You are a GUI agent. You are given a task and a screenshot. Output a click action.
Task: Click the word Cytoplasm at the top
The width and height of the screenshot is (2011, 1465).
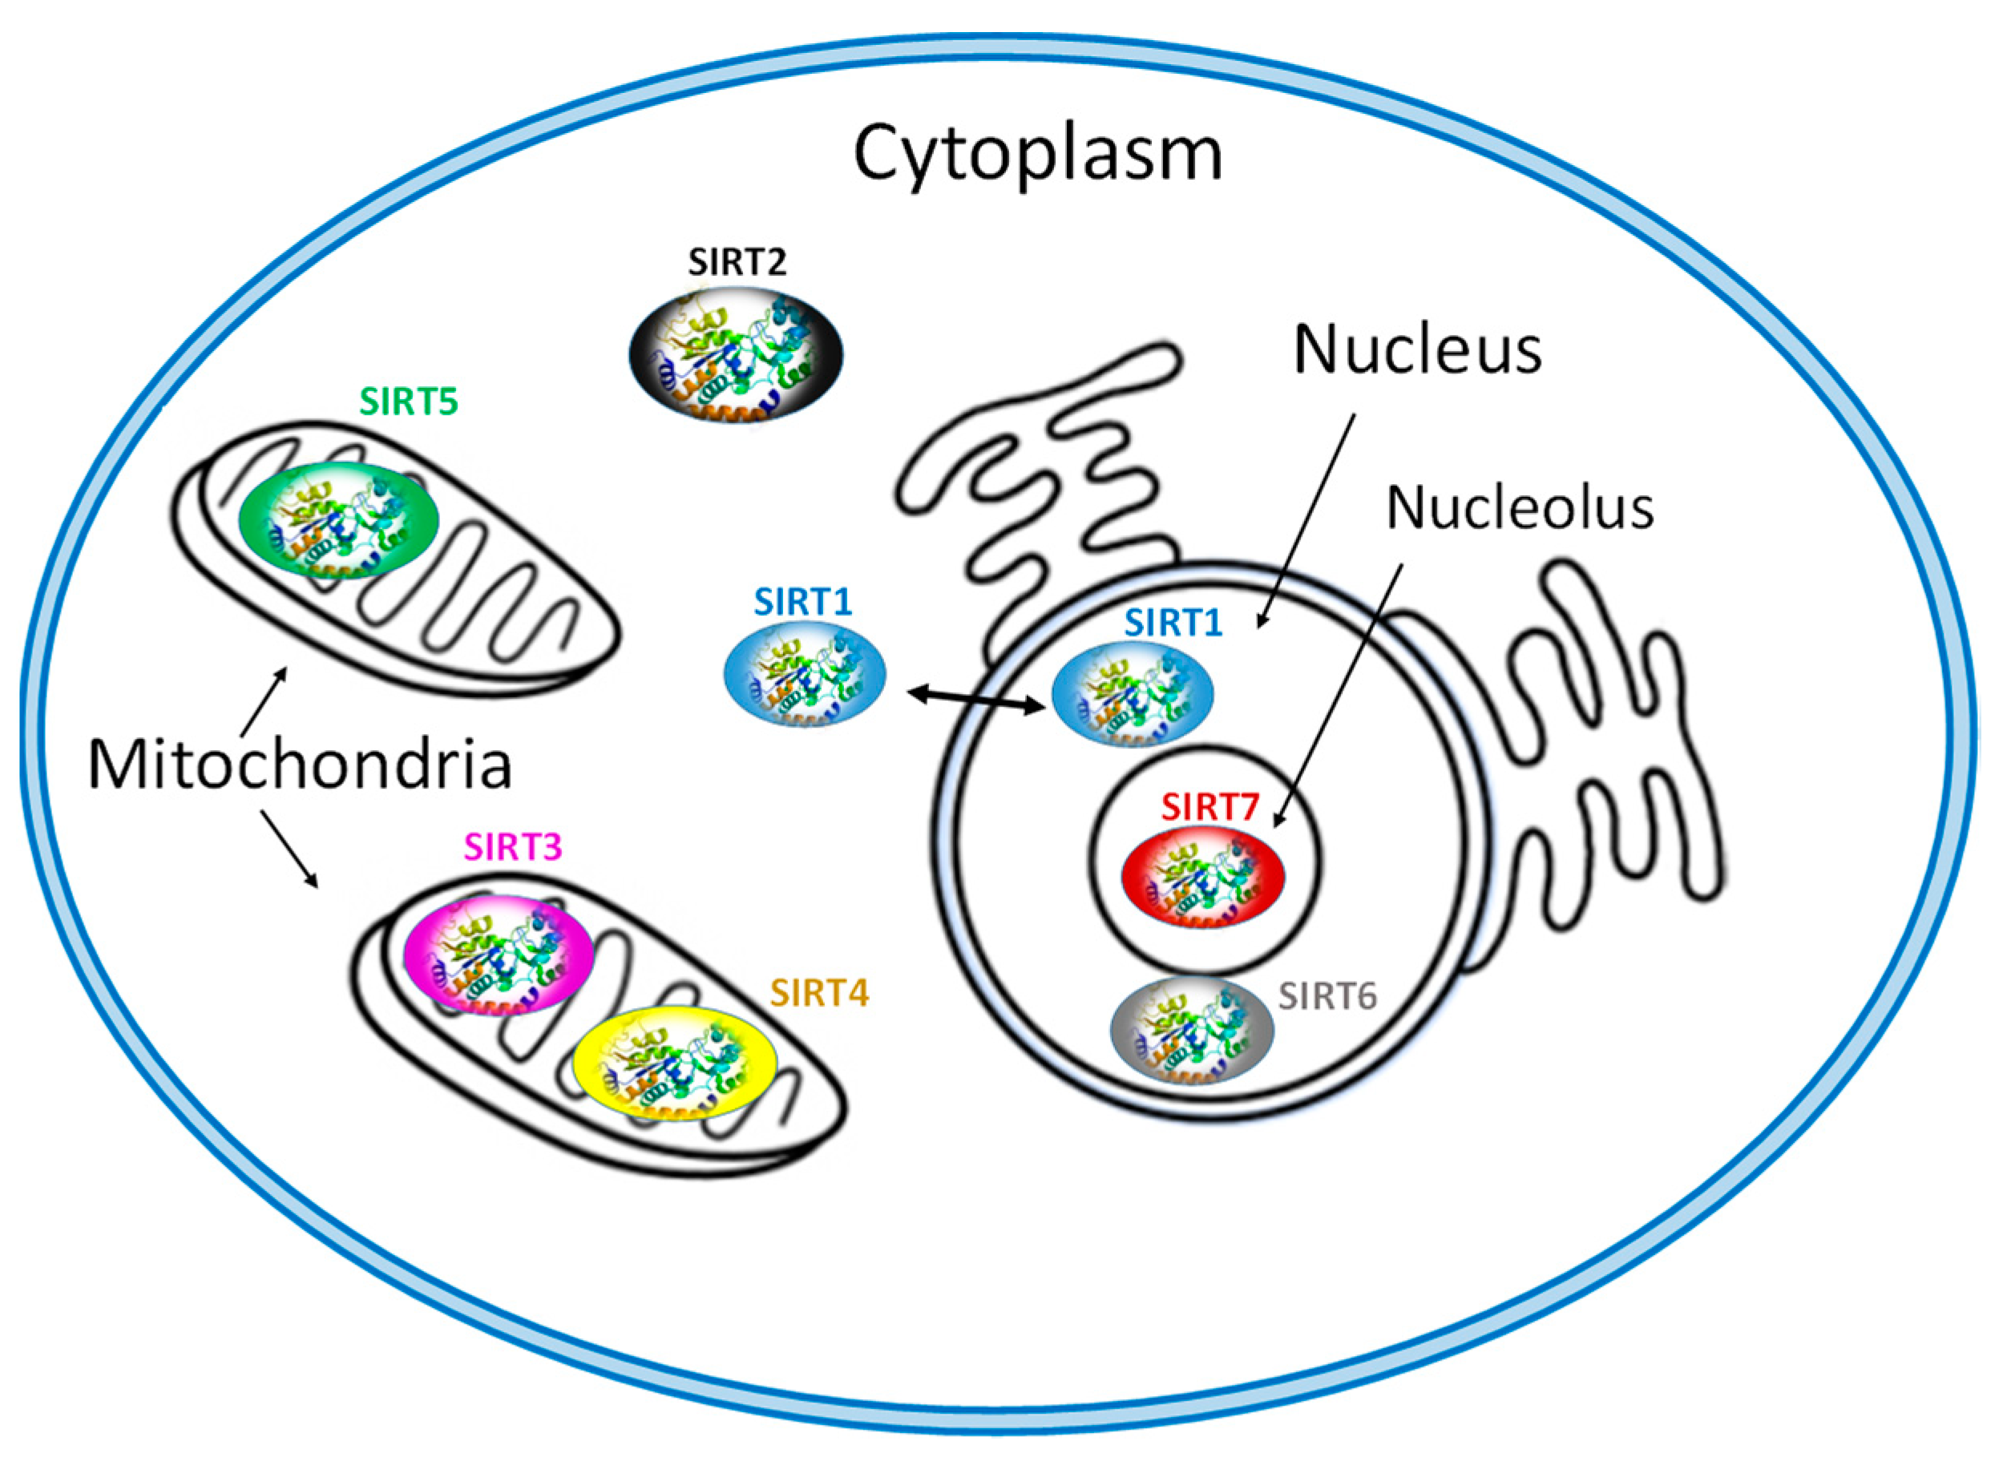coord(1037,153)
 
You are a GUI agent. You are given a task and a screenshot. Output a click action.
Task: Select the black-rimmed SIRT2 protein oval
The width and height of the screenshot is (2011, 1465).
coord(736,355)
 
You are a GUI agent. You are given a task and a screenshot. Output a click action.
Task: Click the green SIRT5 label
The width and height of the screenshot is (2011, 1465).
coord(408,402)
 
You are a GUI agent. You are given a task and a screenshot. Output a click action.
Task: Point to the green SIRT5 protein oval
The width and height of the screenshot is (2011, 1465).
coord(339,521)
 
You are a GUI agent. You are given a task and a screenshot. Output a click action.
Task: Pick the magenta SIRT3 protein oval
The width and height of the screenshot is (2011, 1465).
coord(498,955)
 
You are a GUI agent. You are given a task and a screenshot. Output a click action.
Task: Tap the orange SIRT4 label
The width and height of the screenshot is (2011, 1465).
coord(818,993)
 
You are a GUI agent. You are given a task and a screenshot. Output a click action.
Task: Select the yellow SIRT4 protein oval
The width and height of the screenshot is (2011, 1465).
coord(675,1063)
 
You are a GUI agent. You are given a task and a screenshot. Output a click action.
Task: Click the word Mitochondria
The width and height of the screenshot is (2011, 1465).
coord(300,765)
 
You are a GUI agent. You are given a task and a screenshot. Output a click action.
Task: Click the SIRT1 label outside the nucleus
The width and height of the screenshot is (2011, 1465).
coord(802,602)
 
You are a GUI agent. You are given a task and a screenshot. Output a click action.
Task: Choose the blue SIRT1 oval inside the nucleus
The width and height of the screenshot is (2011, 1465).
coord(1133,692)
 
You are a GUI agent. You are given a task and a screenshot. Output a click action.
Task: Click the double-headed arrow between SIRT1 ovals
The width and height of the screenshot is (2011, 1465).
coord(976,699)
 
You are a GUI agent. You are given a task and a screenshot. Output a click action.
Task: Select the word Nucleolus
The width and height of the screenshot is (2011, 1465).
coord(1519,508)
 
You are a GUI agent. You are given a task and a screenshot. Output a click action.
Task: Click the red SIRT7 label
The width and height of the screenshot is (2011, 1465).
coord(1209,807)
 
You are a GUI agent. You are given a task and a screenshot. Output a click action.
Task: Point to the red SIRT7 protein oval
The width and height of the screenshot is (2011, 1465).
coord(1202,879)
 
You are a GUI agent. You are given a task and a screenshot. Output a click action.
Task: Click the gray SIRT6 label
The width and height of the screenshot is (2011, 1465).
coord(1327,997)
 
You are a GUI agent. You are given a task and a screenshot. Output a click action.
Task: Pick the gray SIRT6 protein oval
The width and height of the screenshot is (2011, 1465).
coord(1192,1030)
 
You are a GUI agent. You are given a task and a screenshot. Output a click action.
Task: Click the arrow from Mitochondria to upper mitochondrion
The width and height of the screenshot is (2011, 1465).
coord(265,700)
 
